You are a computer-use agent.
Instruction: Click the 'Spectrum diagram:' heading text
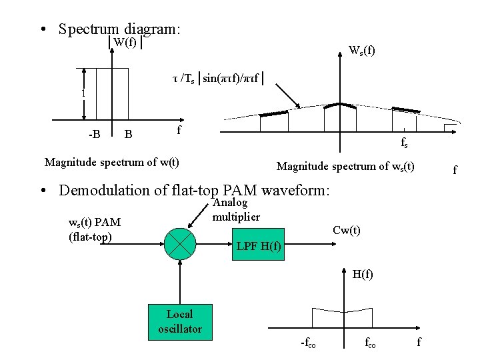click(119, 29)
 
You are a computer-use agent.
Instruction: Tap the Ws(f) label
click(362, 49)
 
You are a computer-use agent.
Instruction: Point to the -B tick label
click(95, 134)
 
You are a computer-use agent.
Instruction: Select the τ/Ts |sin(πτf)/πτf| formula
click(219, 79)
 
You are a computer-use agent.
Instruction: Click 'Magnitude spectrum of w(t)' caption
click(111, 162)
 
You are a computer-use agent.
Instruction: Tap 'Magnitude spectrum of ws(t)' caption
click(345, 167)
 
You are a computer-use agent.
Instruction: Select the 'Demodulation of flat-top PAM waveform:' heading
click(194, 190)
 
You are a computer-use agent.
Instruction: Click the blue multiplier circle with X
click(180, 242)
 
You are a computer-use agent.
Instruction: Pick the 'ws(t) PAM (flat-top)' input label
click(95, 229)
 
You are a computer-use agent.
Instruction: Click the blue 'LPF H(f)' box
click(259, 248)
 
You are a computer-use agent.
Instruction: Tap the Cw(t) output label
click(346, 231)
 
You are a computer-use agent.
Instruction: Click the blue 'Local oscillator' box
click(179, 321)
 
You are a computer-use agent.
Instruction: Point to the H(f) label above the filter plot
click(363, 274)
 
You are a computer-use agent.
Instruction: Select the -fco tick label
click(309, 343)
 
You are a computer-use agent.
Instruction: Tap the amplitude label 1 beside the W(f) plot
click(83, 93)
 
